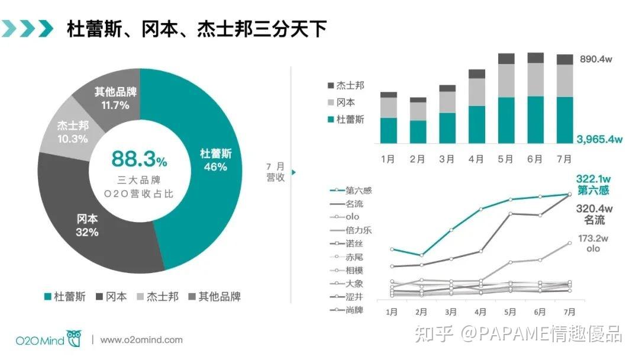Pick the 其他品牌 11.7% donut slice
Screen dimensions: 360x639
(x=115, y=98)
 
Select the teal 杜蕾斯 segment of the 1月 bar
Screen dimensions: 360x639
(x=389, y=130)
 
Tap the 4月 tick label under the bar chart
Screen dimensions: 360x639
(x=476, y=159)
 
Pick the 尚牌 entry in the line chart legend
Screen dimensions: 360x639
(x=354, y=310)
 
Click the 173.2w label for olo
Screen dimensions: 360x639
(x=593, y=239)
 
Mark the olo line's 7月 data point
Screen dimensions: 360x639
(x=569, y=243)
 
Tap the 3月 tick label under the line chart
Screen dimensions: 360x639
(x=450, y=311)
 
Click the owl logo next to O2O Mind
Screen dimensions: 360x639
(x=75, y=339)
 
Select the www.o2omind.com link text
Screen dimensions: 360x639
(x=141, y=340)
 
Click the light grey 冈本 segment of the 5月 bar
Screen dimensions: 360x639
(x=506, y=81)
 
